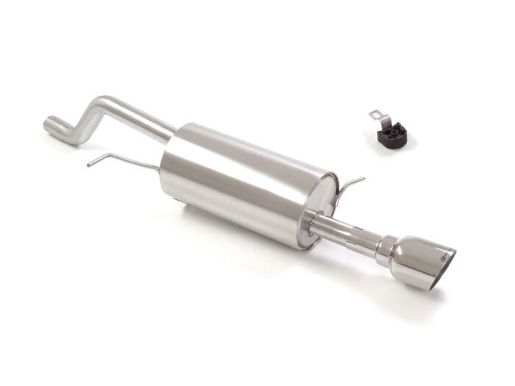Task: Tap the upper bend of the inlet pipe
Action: pyautogui.click(x=104, y=103)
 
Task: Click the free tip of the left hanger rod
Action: pyautogui.click(x=88, y=165)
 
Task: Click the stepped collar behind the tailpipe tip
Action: pyautogui.click(x=385, y=250)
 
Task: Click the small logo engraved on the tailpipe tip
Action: pyautogui.click(x=444, y=256)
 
